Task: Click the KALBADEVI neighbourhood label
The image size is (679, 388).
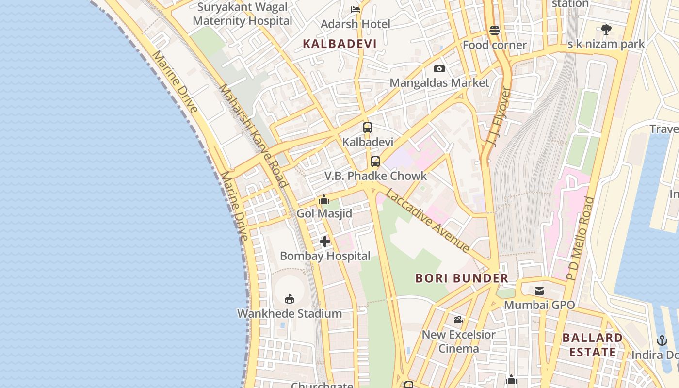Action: [339, 44]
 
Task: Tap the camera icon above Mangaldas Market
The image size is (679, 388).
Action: [439, 69]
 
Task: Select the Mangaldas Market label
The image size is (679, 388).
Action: [439, 83]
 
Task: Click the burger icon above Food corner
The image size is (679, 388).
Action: [495, 31]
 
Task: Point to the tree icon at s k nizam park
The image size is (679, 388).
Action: [606, 30]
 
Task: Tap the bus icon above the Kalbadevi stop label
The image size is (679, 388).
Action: [368, 128]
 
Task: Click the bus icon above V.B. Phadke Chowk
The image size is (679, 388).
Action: [375, 162]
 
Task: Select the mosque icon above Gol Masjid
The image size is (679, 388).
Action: [324, 199]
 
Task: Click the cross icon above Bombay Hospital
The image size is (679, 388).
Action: [325, 242]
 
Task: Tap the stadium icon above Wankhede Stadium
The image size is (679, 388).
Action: [290, 299]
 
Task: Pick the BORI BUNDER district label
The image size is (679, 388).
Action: [462, 278]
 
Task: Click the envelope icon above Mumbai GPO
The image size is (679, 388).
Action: [539, 291]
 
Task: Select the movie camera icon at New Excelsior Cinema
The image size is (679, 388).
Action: [458, 320]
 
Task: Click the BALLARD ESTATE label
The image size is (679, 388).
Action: [592, 345]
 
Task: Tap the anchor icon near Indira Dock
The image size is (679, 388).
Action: [662, 340]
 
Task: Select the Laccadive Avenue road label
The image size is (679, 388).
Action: [428, 221]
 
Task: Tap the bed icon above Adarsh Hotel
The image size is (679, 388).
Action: [356, 9]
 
